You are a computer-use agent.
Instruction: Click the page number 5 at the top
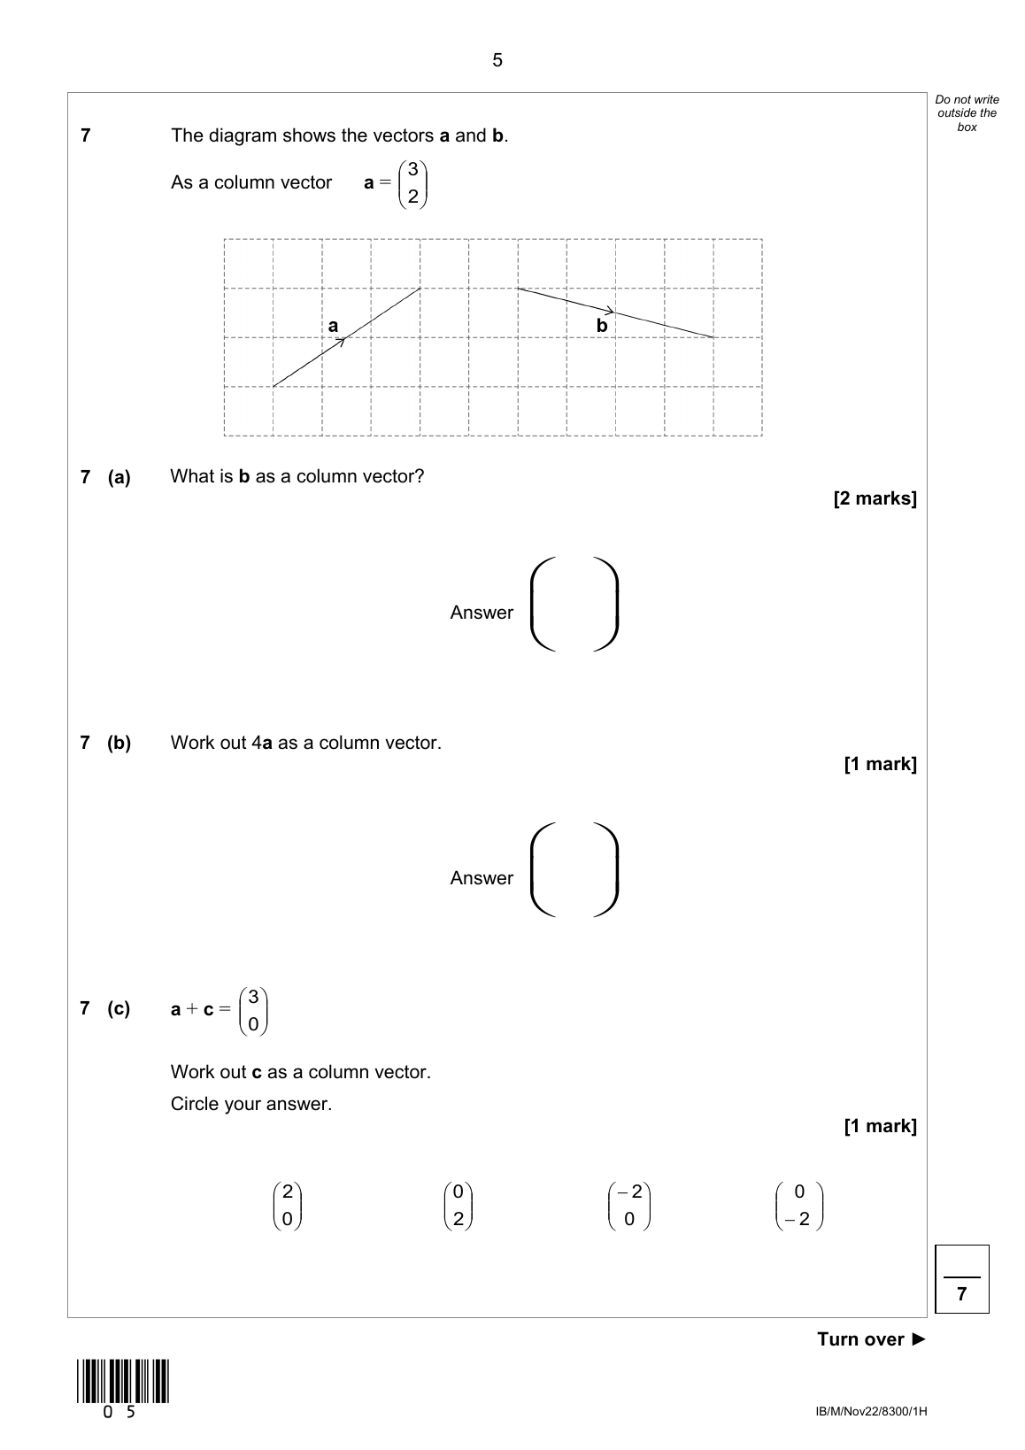497,60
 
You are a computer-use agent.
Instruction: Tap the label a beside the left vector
333,326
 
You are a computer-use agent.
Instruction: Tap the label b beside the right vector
602,326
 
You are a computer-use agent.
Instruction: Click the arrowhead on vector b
610,311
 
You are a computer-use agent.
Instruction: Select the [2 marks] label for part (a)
875,498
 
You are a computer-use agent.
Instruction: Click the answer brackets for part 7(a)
574,605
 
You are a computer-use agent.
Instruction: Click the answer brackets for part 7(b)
574,870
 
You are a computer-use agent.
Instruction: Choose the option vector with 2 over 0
287,1206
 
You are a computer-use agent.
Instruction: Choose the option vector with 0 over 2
458,1206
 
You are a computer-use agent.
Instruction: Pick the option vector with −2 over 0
629,1206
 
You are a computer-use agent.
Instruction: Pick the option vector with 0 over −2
799,1206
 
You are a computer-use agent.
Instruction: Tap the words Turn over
860,1339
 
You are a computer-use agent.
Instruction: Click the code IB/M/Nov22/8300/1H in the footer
871,1411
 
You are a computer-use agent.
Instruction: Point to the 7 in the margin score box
961,1294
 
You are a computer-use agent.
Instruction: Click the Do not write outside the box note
967,113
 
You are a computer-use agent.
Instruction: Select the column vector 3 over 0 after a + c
253,1010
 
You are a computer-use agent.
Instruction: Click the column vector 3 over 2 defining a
412,183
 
